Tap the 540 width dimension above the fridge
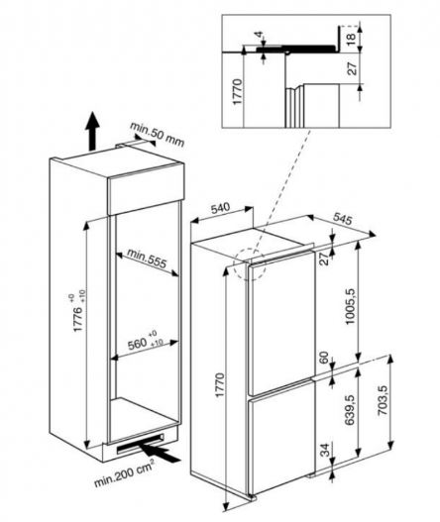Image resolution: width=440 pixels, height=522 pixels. (x=220, y=209)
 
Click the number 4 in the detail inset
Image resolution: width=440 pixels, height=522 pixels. (x=260, y=38)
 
